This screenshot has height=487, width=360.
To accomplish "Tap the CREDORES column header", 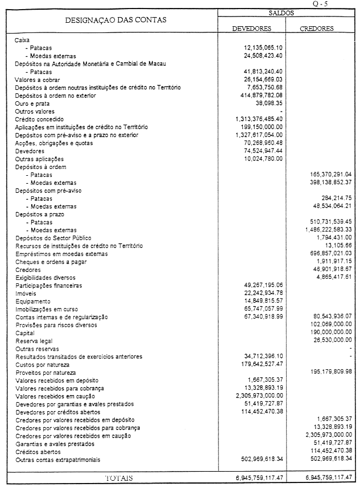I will pos(317,28).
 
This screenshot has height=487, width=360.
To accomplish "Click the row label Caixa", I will pos(23,41).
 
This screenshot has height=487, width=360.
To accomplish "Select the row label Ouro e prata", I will pos(32,104).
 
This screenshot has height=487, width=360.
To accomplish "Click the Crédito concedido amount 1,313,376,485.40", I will pos(259,120).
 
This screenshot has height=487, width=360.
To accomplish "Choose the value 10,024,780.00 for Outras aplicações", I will pos(263,159).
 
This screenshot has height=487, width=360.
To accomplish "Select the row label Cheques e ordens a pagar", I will pos(50,261).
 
